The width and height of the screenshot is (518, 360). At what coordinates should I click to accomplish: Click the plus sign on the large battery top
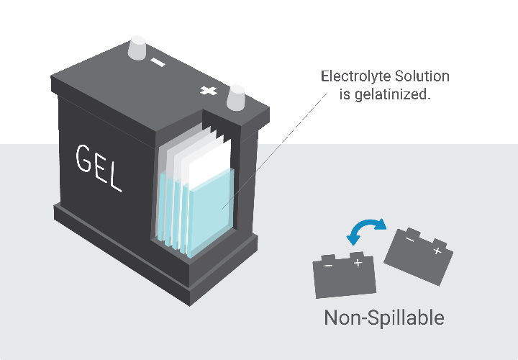click(x=208, y=91)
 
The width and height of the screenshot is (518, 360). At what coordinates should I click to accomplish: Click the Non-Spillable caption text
click(x=383, y=318)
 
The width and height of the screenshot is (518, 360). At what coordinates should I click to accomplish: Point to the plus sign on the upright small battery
click(x=357, y=264)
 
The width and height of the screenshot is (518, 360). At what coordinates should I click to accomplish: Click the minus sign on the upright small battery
click(x=327, y=266)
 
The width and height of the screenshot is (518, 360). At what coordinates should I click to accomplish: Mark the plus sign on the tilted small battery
click(x=436, y=251)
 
